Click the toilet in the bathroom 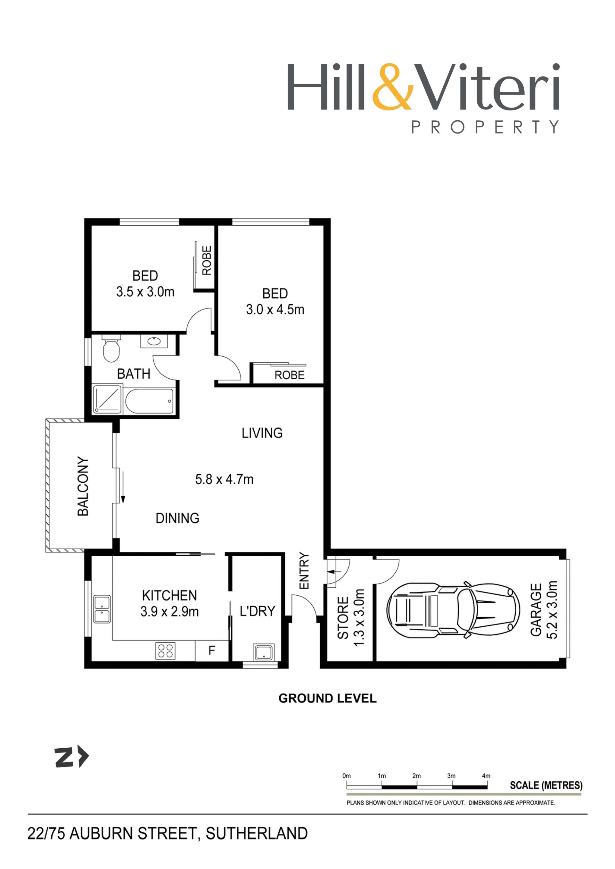click(111, 348)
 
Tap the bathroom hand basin click(154, 342)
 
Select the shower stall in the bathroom click(108, 399)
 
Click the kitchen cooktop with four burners click(166, 651)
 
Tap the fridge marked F click(212, 651)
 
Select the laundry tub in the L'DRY click(264, 651)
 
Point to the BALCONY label click(83, 487)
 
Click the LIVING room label click(262, 433)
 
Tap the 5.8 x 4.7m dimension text click(224, 479)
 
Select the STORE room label click(343, 618)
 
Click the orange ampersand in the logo click(393, 87)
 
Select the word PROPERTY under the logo click(485, 127)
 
